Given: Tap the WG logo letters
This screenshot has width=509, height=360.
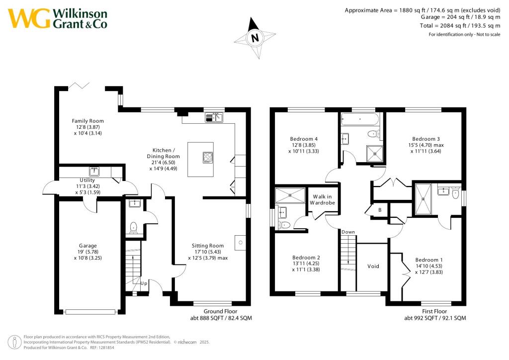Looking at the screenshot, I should tap(29, 18).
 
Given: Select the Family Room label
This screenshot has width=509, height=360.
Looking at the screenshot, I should tap(87, 121).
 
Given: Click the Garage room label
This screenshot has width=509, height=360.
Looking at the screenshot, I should tap(87, 246).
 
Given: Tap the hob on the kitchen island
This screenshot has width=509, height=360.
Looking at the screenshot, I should tap(207, 157).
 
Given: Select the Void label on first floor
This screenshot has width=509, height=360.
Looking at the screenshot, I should tap(373, 267).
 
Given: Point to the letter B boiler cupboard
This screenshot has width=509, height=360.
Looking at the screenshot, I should tap(380, 210).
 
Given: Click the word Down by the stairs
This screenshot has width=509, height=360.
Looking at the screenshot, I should tap(348, 232).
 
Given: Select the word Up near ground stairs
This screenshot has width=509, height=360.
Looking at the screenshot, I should tap(144, 283).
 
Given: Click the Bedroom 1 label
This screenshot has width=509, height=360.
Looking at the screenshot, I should tap(428, 260).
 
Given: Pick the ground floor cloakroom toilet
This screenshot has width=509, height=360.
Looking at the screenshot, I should tap(133, 228).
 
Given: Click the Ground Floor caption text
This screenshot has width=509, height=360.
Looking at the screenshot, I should tap(221, 312).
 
